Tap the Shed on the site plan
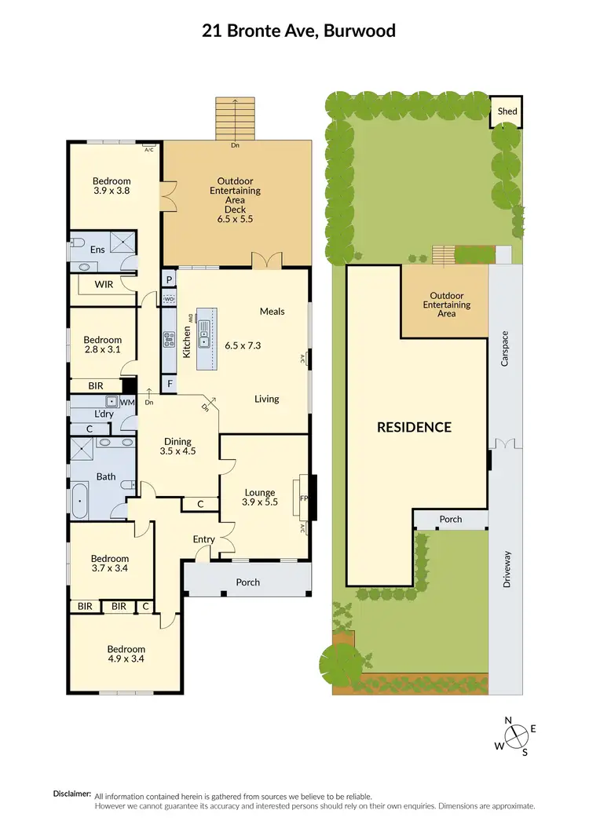pos(507,111)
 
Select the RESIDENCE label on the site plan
pos(414,427)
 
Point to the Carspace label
pos(506,348)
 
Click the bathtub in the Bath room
pos(79,501)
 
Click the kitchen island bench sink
pos(204,339)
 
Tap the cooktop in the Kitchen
pos(168,339)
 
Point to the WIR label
pos(105,284)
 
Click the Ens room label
pos(97,250)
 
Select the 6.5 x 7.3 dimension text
pos(243,345)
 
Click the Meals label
pos(272,312)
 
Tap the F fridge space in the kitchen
pos(168,384)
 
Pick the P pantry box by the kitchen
pos(168,279)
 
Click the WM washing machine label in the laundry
pos(127,402)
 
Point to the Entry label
pos(203,539)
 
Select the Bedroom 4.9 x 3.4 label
pos(126,654)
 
